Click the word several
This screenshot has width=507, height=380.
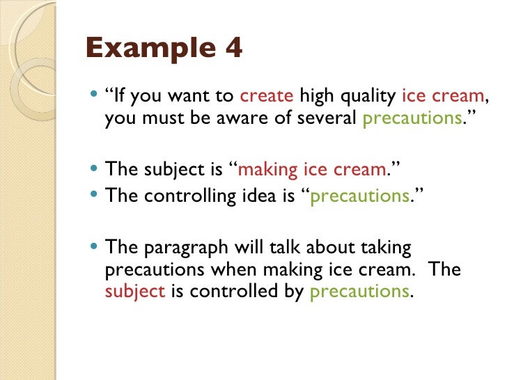tap(326, 118)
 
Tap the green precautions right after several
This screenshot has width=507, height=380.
tap(409, 119)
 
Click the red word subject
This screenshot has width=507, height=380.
tap(134, 291)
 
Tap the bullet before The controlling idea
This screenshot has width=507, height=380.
tap(95, 196)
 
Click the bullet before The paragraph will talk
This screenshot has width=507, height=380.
tap(95, 247)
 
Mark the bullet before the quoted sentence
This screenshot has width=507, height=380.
tap(95, 97)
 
